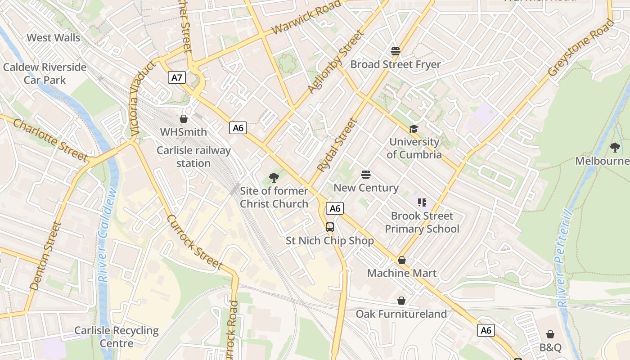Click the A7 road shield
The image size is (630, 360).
(177, 77)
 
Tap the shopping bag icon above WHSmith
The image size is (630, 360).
(183, 119)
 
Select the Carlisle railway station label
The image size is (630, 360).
(193, 157)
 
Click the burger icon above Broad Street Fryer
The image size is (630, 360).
(396, 51)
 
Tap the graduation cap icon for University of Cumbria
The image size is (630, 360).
(414, 129)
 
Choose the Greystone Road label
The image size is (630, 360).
(580, 47)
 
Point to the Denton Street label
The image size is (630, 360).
(45, 256)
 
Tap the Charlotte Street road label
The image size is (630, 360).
(50, 140)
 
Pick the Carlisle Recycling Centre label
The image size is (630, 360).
(117, 337)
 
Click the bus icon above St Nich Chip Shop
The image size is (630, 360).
(330, 227)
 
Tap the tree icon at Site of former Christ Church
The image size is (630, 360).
(274, 178)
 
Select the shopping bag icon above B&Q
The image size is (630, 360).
(550, 334)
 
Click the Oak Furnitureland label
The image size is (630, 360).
(401, 314)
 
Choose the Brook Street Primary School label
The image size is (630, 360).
(422, 222)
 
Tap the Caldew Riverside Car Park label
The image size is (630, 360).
(45, 73)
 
